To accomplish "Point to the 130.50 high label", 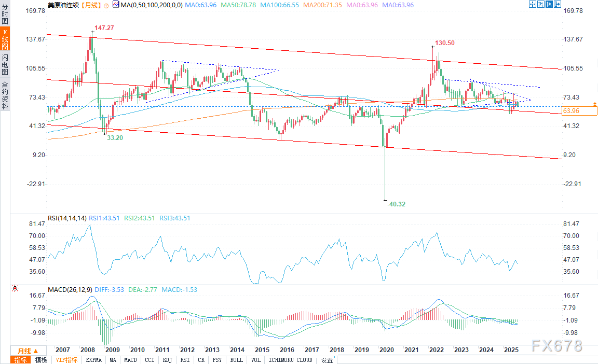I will [x=444, y=43].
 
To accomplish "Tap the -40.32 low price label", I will [x=396, y=204].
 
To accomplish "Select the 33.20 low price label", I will [x=114, y=138].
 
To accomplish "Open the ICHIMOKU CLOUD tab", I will [x=291, y=360].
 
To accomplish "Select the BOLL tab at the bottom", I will [x=236, y=360].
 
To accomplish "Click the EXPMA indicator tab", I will [x=93, y=360].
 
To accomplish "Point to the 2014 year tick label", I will [x=236, y=350].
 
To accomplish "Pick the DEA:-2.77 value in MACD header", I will [x=143, y=289].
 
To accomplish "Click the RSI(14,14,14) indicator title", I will [x=67, y=218].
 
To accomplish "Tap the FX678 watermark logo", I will [x=556, y=346].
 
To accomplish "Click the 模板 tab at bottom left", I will [x=41, y=360].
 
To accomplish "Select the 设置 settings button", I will [x=327, y=360].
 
